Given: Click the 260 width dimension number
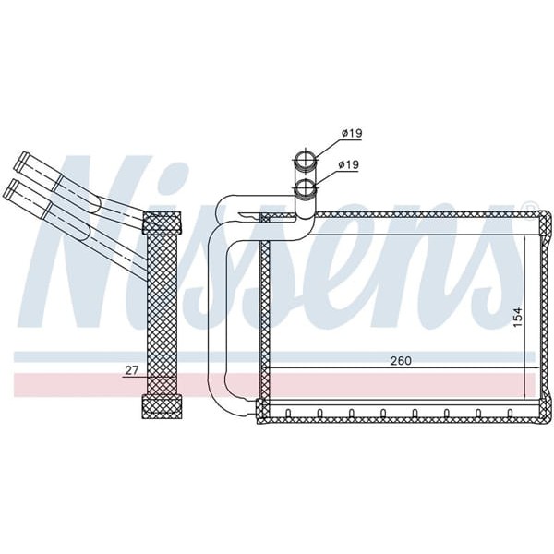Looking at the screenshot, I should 400,360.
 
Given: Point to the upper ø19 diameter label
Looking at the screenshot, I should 351,134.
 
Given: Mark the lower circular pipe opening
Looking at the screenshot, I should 306,190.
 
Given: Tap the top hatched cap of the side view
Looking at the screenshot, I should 163,223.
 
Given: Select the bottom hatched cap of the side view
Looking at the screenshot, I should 163,406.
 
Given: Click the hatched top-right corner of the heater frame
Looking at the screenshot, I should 539,218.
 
